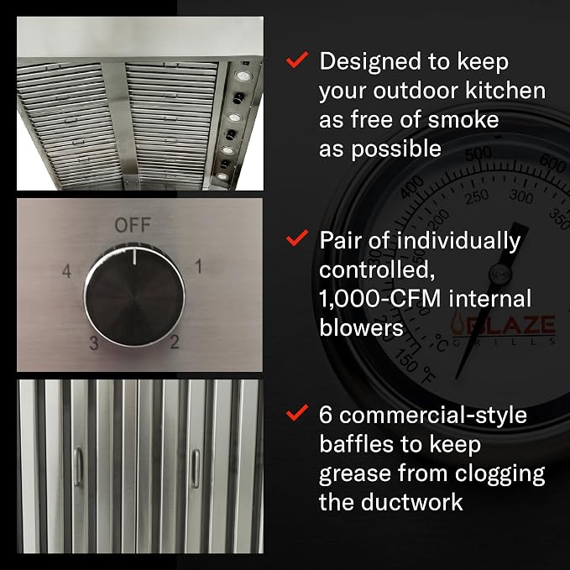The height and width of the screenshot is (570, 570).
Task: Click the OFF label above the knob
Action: (x=133, y=225)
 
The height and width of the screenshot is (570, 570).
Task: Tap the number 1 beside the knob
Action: (x=198, y=266)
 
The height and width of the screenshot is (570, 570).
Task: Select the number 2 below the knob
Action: (x=175, y=342)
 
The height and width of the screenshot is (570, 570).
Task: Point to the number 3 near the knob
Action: (x=94, y=343)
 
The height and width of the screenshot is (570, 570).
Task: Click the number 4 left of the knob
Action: (x=66, y=271)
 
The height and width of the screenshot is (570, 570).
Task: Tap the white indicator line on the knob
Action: (x=134, y=256)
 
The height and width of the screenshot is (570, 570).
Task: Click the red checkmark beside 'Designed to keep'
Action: (x=297, y=60)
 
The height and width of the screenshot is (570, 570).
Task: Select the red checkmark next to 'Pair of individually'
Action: (x=297, y=238)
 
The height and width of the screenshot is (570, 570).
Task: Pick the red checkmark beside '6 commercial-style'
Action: (x=297, y=412)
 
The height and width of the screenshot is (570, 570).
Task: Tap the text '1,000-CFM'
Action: (x=380, y=299)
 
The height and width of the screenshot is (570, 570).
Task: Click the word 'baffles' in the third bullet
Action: (x=356, y=444)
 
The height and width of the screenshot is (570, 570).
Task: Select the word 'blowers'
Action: (x=361, y=327)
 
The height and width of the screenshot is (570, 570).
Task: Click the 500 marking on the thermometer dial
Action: (x=478, y=154)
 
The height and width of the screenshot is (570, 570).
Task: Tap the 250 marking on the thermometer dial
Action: (x=478, y=196)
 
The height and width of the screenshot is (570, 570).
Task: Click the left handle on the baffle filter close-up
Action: (x=78, y=467)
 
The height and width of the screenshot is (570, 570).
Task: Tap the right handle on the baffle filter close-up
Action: (x=196, y=468)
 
